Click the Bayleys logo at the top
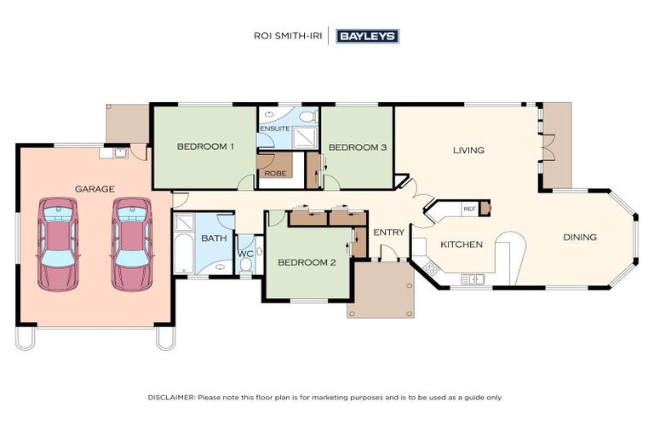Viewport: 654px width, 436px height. pyautogui.click(x=367, y=36)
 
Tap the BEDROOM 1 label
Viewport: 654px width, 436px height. pyautogui.click(x=205, y=146)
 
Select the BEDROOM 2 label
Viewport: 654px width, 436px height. pyautogui.click(x=307, y=262)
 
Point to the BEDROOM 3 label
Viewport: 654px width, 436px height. pyautogui.click(x=358, y=147)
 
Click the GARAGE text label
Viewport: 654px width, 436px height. pyautogui.click(x=95, y=188)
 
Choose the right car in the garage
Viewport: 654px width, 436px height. pyautogui.click(x=132, y=244)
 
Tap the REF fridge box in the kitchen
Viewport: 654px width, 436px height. pyautogui.click(x=469, y=209)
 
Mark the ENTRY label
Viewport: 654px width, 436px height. pyautogui.click(x=389, y=232)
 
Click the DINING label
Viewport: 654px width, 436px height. pyautogui.click(x=580, y=237)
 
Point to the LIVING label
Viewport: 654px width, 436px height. pyautogui.click(x=468, y=150)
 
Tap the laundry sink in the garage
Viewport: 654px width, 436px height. pyautogui.click(x=119, y=153)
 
